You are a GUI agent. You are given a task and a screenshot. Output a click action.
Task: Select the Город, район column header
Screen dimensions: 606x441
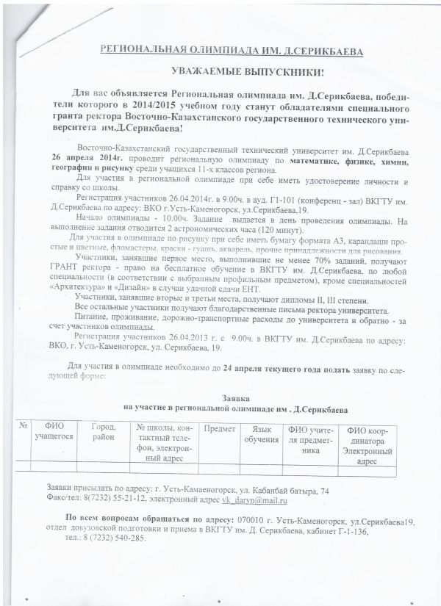coord(104,433)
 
